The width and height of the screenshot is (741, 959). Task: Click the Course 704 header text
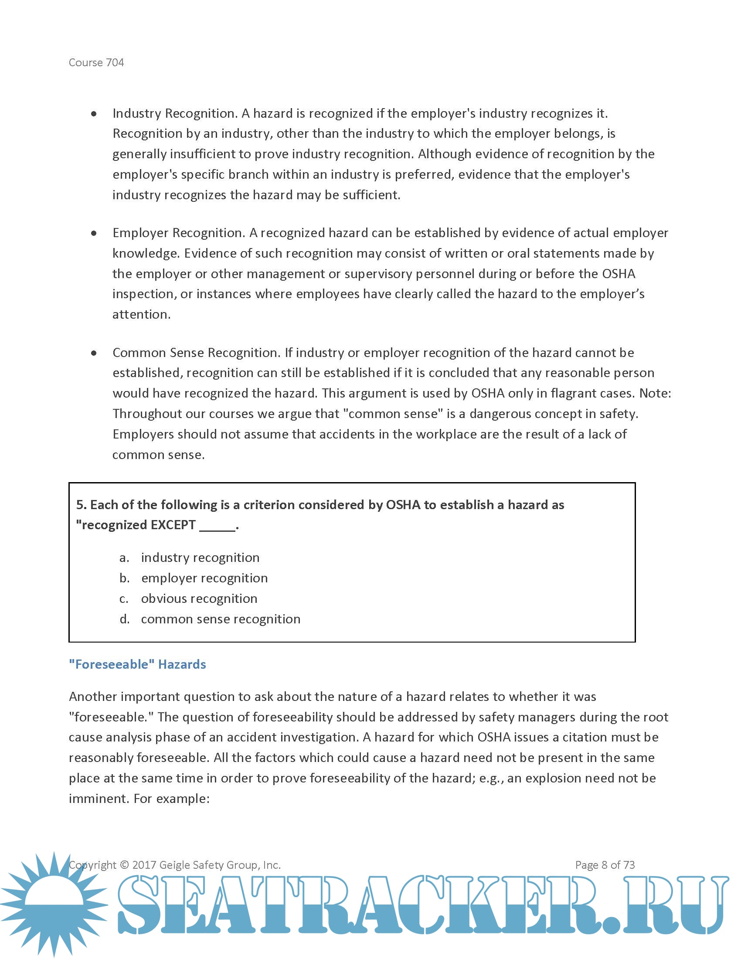coord(96,62)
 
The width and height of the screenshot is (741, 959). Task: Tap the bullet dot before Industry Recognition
coord(94,114)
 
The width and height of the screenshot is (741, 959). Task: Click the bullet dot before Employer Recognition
coord(94,233)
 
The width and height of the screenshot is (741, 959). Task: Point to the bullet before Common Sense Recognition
coord(94,353)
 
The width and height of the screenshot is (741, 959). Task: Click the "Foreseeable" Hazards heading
coord(137,664)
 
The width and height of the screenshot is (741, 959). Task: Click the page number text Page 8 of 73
coord(605,865)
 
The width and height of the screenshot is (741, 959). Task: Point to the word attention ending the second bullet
coord(141,315)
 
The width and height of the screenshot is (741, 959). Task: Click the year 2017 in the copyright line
coord(144,865)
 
